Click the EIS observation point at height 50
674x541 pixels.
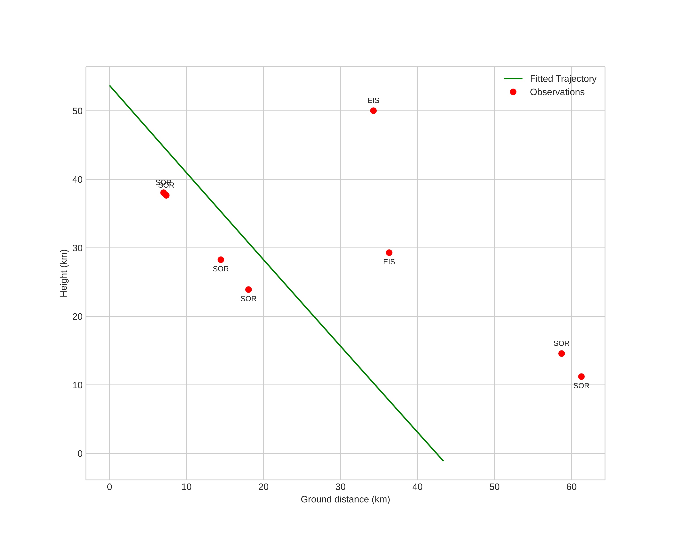pyautogui.click(x=373, y=111)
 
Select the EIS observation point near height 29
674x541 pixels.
pyautogui.click(x=389, y=253)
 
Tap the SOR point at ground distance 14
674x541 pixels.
pyautogui.click(x=221, y=260)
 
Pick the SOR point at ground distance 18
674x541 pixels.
pyautogui.click(x=248, y=290)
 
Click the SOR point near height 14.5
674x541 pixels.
pyautogui.click(x=561, y=353)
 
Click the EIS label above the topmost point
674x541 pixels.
pyautogui.click(x=373, y=100)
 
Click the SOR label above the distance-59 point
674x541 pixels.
pyautogui.click(x=561, y=344)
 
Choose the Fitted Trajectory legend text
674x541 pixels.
pyautogui.click(x=563, y=78)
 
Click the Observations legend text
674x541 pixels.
pyautogui.click(x=557, y=92)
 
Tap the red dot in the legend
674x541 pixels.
pyautogui.click(x=513, y=92)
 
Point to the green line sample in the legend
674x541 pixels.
pyautogui.click(x=513, y=78)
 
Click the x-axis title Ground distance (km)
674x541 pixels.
pyautogui.click(x=345, y=499)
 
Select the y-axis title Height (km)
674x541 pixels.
pyautogui.click(x=64, y=273)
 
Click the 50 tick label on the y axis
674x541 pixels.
pyautogui.click(x=77, y=111)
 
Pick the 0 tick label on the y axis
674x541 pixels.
pyautogui.click(x=80, y=454)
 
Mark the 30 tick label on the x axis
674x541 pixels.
pyautogui.click(x=340, y=487)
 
